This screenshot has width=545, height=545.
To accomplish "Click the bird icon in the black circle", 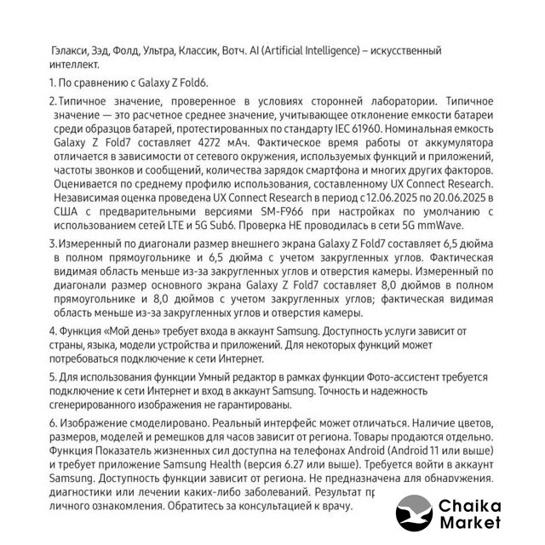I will point(416,515).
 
